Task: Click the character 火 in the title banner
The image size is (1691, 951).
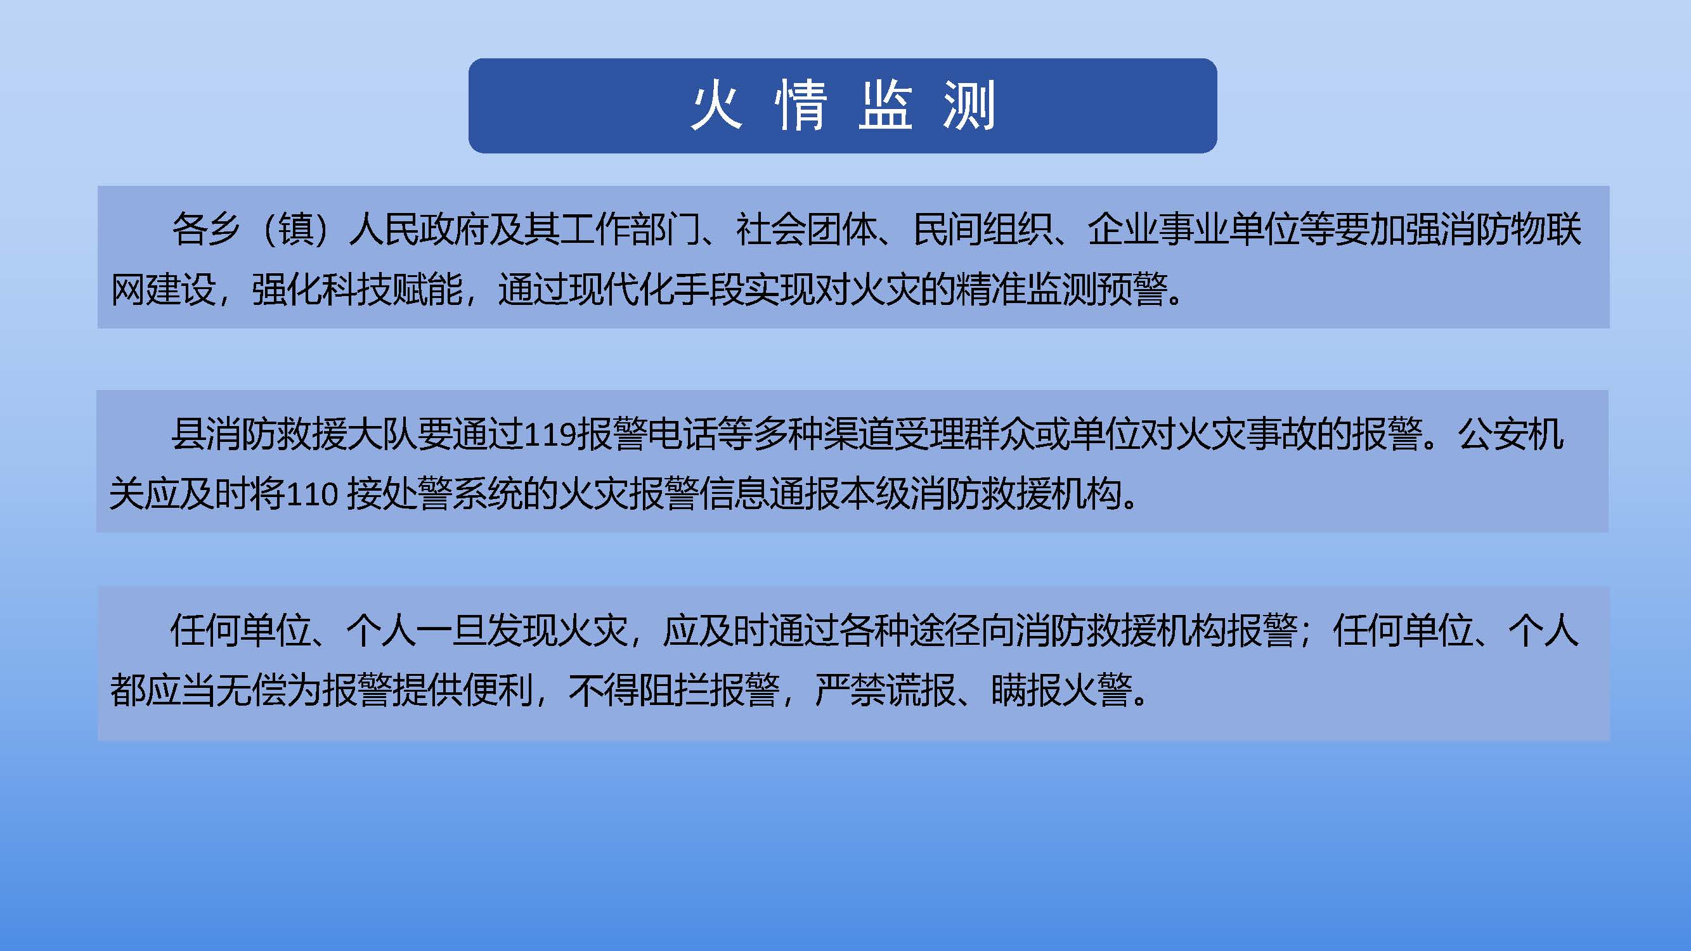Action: [717, 106]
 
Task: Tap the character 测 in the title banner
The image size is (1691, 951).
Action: [969, 106]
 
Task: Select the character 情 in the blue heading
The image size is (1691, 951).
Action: [800, 106]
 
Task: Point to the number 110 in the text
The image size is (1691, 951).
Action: [313, 493]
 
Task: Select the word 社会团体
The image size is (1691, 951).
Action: [807, 230]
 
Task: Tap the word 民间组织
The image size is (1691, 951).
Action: [983, 230]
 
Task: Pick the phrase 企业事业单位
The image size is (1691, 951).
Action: [1194, 230]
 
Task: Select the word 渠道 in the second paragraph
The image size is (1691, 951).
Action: [858, 434]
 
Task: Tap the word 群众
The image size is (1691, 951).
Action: [999, 434]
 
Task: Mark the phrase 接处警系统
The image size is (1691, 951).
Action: [434, 493]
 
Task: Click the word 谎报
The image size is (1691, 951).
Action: [921, 690]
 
